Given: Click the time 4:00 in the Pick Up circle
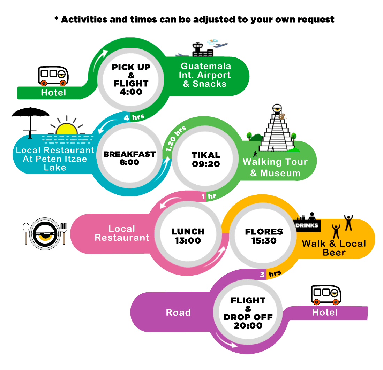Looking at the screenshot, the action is [x=131, y=92].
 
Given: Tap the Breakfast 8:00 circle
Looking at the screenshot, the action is [x=130, y=155].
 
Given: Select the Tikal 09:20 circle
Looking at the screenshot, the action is [x=205, y=159].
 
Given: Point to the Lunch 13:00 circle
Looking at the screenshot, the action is [x=188, y=234].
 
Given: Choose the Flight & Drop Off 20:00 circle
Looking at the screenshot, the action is [x=248, y=313].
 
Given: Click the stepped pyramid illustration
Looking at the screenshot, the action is [x=277, y=129].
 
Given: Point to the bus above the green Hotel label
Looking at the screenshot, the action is [x=53, y=76].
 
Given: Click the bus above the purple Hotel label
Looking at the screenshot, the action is [x=326, y=295].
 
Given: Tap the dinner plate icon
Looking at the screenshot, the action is [x=45, y=234].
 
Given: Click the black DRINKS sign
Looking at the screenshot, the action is [x=307, y=225].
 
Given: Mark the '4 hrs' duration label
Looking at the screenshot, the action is [x=134, y=117].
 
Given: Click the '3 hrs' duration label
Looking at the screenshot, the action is [x=270, y=274].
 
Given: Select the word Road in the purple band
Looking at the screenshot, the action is [x=178, y=313].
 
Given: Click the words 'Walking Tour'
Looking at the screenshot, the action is [x=275, y=162].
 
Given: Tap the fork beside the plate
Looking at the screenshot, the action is [x=64, y=233].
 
